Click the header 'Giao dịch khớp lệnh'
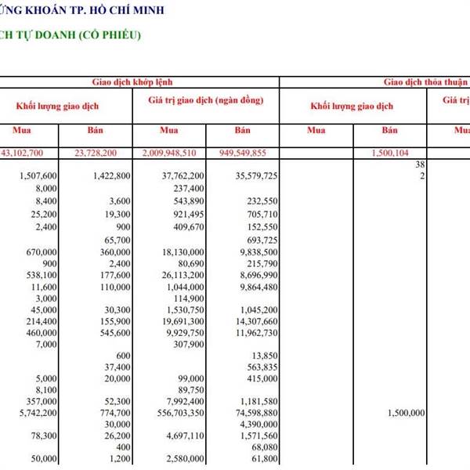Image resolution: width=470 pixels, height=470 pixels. [x=133, y=81]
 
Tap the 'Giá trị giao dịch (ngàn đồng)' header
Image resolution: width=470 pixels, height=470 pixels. [x=205, y=101]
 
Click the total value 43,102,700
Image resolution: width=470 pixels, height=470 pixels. [x=27, y=153]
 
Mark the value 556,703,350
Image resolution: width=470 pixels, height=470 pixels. [x=175, y=412]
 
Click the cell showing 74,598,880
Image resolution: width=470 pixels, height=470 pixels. [x=251, y=412]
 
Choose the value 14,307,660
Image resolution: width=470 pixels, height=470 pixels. [x=251, y=321]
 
